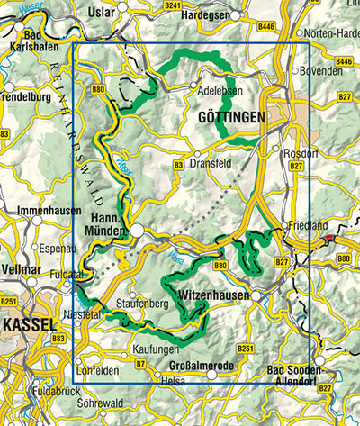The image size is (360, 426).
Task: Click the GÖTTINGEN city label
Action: pos(229,118)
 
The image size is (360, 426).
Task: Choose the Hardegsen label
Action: pos(206,14)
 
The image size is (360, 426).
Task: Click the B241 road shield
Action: pos(173,5)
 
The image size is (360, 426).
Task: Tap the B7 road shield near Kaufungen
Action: pos(140,363)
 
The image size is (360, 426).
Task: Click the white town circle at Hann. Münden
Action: pos(136,231)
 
